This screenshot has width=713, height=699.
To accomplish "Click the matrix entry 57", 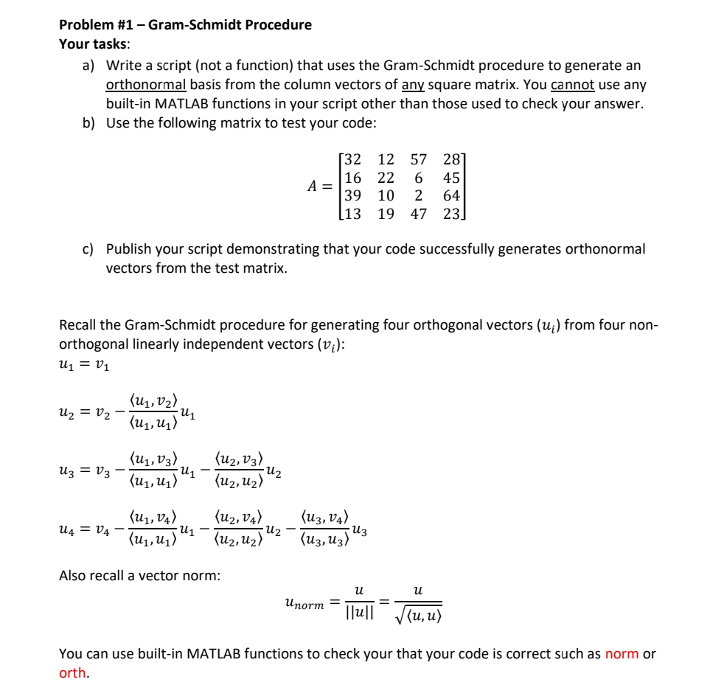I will (419, 159).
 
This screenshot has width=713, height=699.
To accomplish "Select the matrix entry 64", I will (451, 195).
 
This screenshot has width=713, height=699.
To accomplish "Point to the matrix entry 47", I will (419, 214).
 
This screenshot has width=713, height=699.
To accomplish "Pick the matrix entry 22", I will (386, 178).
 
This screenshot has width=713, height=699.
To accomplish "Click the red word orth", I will (72, 672).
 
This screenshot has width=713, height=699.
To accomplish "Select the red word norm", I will (621, 654).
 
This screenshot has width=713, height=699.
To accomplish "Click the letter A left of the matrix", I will (313, 187).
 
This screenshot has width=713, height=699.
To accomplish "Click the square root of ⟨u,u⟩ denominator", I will (420, 613).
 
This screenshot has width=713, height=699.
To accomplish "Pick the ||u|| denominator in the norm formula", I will (359, 613).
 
